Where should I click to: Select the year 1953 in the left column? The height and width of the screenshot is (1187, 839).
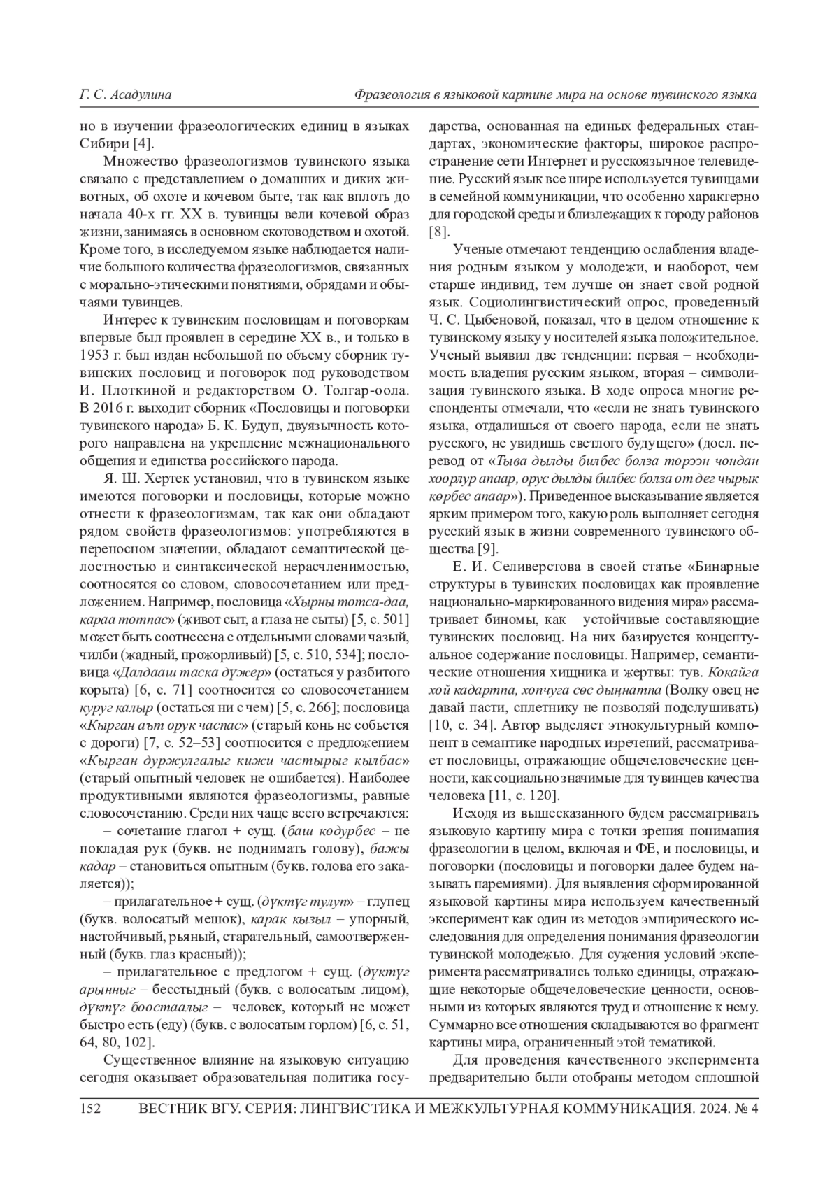94,353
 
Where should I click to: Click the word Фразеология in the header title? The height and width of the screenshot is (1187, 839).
390,94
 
